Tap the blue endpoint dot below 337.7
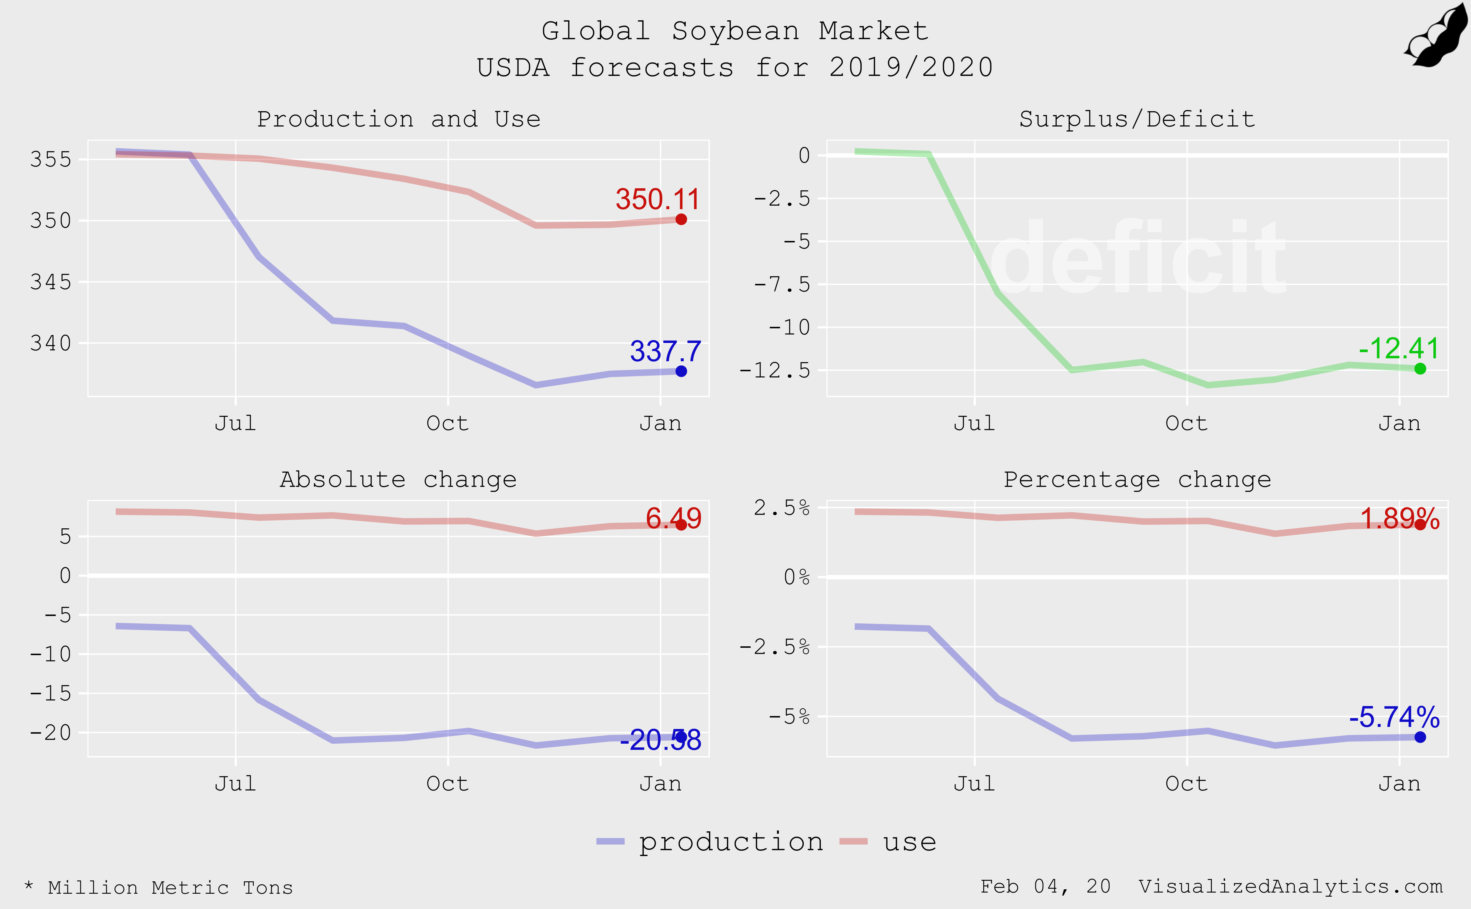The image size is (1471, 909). [681, 372]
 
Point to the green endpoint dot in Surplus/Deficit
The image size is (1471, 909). [1420, 369]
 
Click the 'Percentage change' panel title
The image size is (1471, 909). [1137, 480]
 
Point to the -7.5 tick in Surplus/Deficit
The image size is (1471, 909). [781, 284]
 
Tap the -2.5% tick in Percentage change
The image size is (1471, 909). [774, 647]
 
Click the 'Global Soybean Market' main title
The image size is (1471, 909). [735, 31]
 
